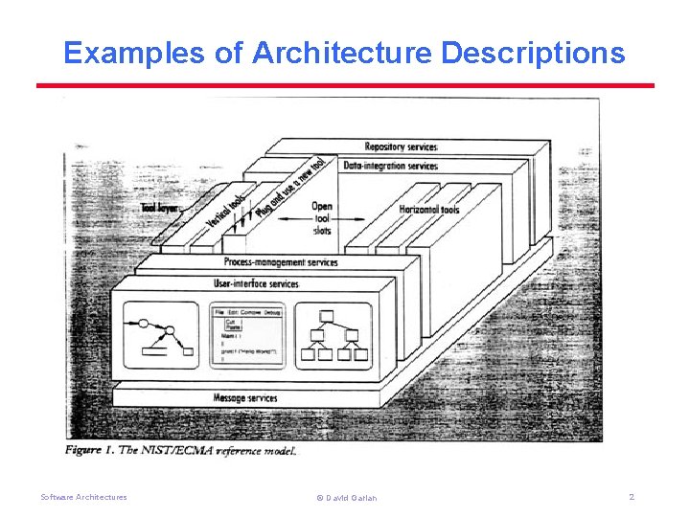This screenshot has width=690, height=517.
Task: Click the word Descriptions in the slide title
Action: [533, 53]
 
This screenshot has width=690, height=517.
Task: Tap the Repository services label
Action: [402, 146]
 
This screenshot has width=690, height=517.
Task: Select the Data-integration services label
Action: [390, 166]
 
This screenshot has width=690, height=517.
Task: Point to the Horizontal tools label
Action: [428, 210]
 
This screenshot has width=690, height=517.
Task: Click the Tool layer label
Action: [160, 207]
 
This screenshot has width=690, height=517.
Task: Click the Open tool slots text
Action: [322, 217]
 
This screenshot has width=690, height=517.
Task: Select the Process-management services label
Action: [280, 262]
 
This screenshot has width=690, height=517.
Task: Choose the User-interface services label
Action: [256, 283]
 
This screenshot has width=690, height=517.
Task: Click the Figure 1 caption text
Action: [181, 450]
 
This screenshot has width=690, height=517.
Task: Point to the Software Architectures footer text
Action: [83, 497]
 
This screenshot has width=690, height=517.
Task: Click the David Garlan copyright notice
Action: [346, 498]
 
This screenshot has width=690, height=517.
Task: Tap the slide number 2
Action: [632, 497]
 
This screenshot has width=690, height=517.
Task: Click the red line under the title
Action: [345, 85]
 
